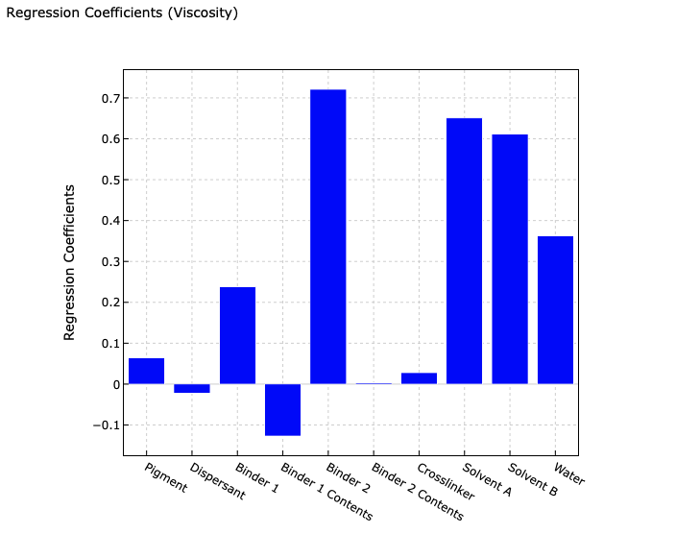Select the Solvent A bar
point(464,251)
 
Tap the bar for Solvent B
point(510,259)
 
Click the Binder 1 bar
point(237,335)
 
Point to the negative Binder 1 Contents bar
point(282,409)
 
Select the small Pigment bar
point(146,371)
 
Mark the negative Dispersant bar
point(192,388)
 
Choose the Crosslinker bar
point(419,378)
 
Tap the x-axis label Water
point(569,474)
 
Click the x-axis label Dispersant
point(216,483)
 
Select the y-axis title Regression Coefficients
point(70,261)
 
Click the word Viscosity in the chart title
point(199,13)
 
